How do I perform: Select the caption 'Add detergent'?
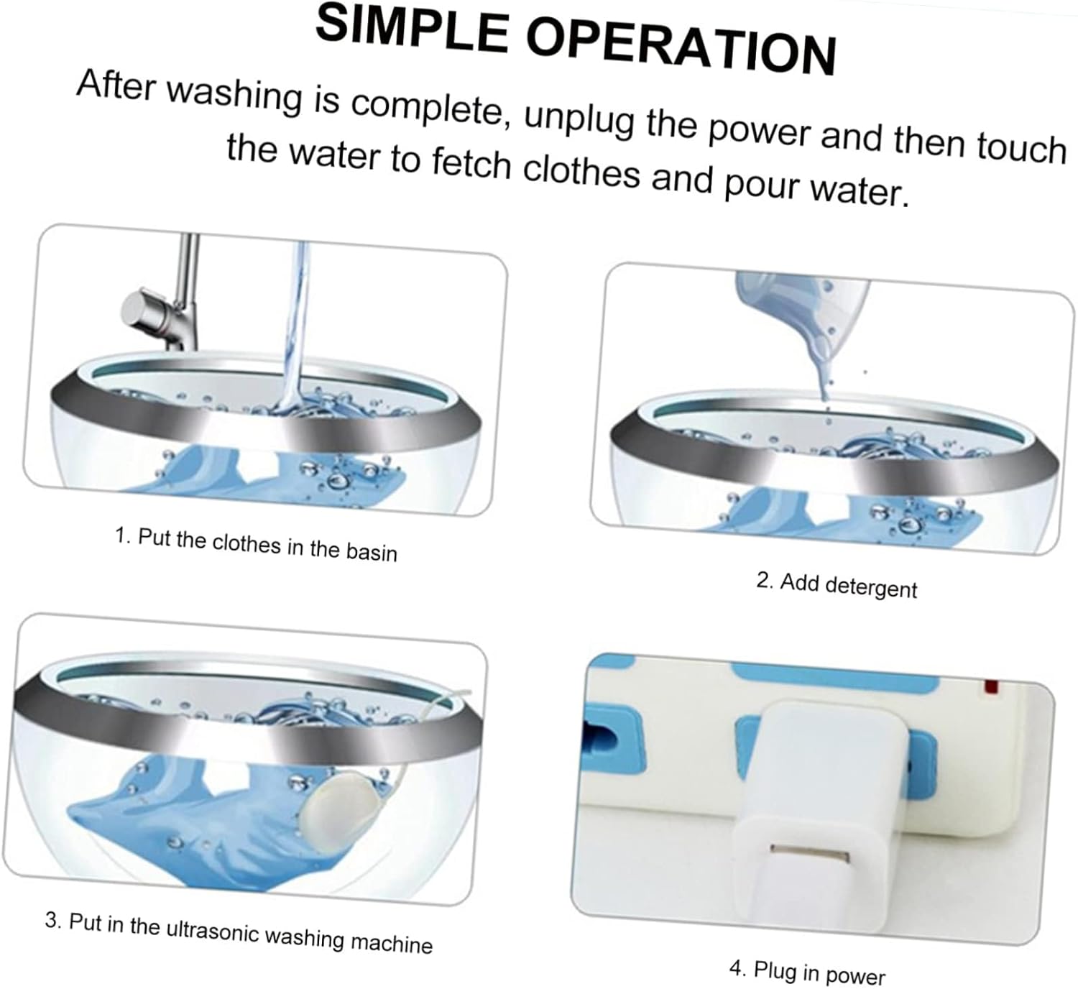click(837, 584)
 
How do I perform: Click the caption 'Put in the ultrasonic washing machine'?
click(239, 931)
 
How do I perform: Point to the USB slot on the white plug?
click(810, 853)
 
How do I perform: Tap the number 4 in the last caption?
click(736, 967)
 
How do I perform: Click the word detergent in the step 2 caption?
click(871, 587)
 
